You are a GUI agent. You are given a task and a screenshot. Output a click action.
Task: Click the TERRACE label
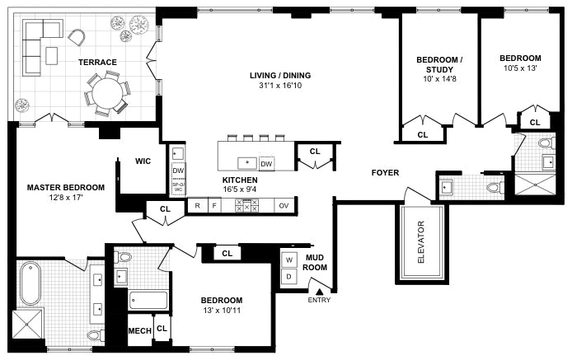(x=97, y=63)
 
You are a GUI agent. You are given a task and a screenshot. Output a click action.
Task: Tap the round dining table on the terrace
(x=106, y=94)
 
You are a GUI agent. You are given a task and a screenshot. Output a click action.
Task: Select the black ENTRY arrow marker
(x=320, y=292)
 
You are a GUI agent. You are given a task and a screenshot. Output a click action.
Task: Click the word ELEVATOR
(x=421, y=242)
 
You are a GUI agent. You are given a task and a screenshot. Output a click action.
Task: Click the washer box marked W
(x=289, y=260)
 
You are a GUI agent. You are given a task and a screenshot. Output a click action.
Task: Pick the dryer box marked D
(x=289, y=277)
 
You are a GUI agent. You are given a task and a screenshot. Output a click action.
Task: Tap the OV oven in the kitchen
(x=284, y=206)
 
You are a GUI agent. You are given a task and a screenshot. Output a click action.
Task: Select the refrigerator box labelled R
(x=197, y=206)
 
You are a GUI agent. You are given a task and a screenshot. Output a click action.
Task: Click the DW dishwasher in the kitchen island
(x=267, y=164)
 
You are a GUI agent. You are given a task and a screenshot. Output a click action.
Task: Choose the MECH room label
(x=140, y=331)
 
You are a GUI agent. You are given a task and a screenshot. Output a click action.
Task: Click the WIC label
(x=143, y=161)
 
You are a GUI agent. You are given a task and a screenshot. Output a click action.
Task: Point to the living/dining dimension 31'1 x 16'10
(x=280, y=86)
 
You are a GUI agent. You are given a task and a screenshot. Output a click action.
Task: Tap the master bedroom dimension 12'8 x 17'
(x=66, y=198)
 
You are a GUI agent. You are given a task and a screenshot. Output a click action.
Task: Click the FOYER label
(x=385, y=172)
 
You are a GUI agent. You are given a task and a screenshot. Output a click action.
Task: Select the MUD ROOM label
(x=315, y=262)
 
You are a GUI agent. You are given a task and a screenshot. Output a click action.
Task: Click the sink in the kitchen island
(x=247, y=162)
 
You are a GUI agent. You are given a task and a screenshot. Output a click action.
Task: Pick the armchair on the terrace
(x=77, y=37)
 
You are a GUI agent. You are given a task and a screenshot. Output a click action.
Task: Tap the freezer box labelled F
(x=214, y=206)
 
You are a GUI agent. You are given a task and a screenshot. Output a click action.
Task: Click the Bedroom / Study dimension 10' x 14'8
(x=439, y=79)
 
